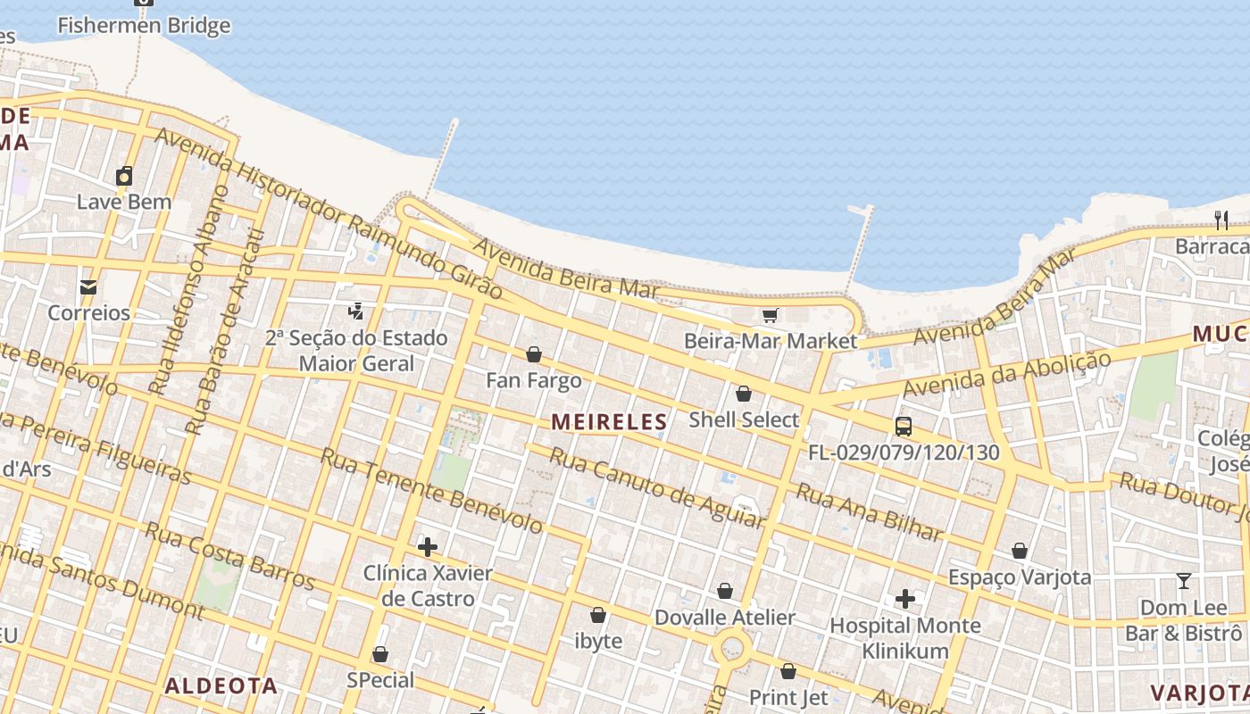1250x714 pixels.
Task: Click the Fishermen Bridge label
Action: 144,25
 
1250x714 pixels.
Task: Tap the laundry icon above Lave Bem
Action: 124,176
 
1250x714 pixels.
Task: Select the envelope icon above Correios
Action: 88,287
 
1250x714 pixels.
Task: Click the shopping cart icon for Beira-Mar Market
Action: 770,315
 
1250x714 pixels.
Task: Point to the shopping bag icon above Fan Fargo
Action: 534,354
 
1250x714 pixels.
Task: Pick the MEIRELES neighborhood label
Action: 610,421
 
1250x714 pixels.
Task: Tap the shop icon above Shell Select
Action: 744,394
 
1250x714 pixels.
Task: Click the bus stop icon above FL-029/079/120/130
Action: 904,427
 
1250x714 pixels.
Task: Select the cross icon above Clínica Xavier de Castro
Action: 428,546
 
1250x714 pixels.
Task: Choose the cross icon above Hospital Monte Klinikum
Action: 905,599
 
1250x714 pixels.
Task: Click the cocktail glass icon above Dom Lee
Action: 1184,581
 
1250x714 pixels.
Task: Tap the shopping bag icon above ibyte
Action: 598,615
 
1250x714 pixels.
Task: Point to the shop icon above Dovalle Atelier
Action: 725,591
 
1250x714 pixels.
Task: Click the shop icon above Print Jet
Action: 788,671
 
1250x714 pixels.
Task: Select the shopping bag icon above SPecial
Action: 380,654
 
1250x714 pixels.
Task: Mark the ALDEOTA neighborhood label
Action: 221,685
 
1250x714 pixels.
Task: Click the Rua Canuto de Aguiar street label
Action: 657,486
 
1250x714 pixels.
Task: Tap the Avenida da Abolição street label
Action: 1007,374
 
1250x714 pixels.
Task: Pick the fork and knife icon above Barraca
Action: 1221,220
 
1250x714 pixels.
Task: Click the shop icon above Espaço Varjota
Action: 1020,551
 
